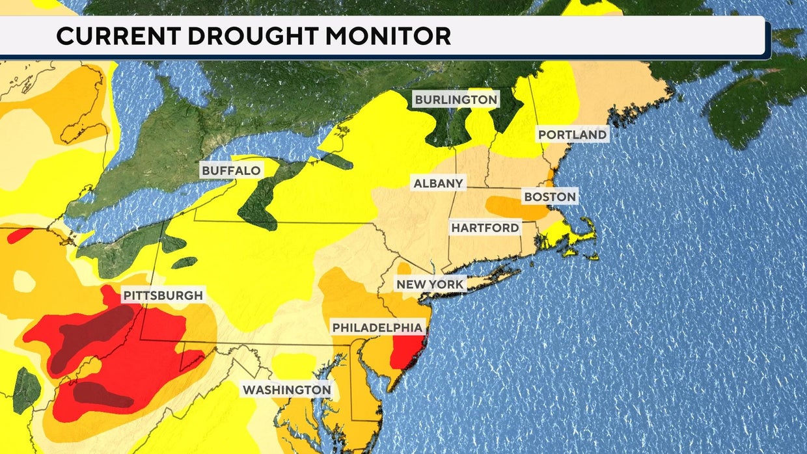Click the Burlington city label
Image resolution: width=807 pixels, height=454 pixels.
pyautogui.click(x=456, y=100)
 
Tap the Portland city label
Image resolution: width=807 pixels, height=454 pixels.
pyautogui.click(x=572, y=135)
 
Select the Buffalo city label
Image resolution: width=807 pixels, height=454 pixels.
pyautogui.click(x=231, y=171)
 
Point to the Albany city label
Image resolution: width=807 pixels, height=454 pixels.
pyautogui.click(x=439, y=183)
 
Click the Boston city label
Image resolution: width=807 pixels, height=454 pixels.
pyautogui.click(x=550, y=196)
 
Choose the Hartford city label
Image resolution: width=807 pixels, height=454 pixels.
pyautogui.click(x=486, y=228)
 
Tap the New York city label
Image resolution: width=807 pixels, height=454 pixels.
pyautogui.click(x=431, y=284)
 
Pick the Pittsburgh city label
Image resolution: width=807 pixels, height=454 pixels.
pyautogui.click(x=163, y=295)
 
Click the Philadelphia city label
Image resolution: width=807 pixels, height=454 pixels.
pyautogui.click(x=377, y=327)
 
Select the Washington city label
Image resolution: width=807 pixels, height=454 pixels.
pyautogui.click(x=287, y=390)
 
